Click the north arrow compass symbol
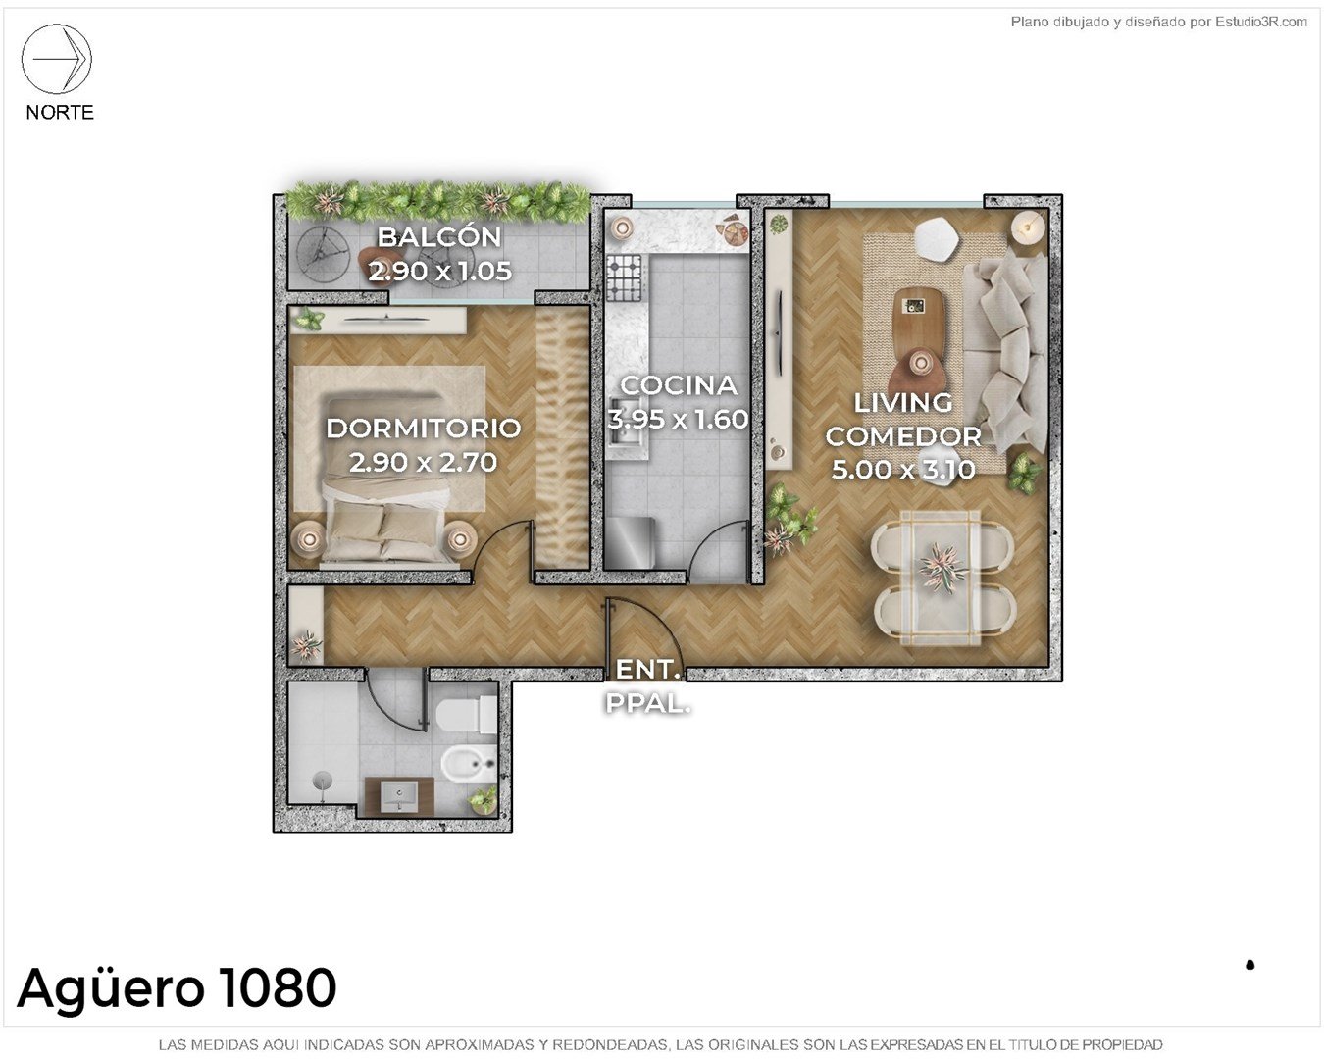57,59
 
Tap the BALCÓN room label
439,237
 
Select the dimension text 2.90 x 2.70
423,462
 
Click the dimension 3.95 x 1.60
678,419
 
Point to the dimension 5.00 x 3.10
903,470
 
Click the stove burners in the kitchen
625,278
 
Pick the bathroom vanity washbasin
399,796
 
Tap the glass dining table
941,578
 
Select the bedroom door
492,541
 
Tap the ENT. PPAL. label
648,686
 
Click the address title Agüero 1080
178,988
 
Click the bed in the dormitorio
390,479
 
